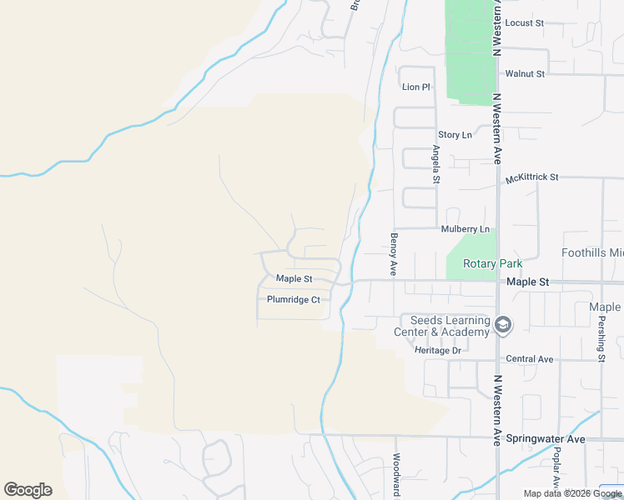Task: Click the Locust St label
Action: (x=524, y=22)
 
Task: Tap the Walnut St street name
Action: (x=525, y=73)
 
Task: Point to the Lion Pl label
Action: (x=415, y=87)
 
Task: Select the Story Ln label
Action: (x=455, y=134)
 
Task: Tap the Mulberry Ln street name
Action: (x=465, y=229)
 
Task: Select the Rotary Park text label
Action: (x=492, y=264)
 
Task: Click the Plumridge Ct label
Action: (x=294, y=299)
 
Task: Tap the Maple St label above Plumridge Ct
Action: (x=294, y=278)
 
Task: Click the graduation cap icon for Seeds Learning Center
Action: (x=502, y=325)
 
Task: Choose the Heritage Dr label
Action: (x=438, y=351)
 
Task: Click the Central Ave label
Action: (x=530, y=359)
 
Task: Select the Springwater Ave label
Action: (x=551, y=438)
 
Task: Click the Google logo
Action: (x=28, y=490)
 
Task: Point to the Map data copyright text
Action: (x=572, y=493)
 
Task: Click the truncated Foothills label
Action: (x=592, y=252)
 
